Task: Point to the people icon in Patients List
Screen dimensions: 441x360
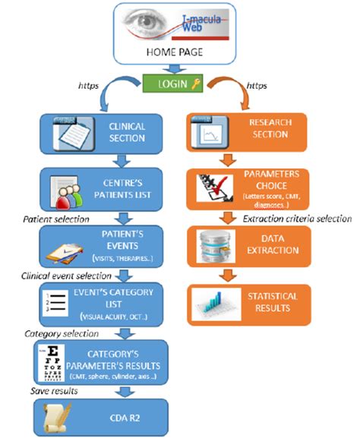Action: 68,189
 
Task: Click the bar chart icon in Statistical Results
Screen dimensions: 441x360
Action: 213,303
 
